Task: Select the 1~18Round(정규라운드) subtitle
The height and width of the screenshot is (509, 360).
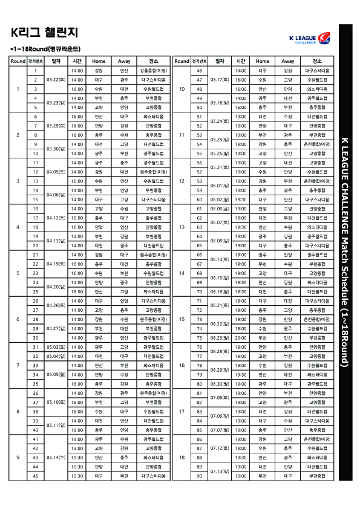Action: coord(45,48)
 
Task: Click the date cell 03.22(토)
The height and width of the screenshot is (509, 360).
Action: coord(56,80)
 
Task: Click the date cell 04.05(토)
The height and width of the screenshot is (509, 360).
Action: coord(56,172)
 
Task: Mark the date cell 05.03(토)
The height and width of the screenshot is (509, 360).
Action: coord(56,346)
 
